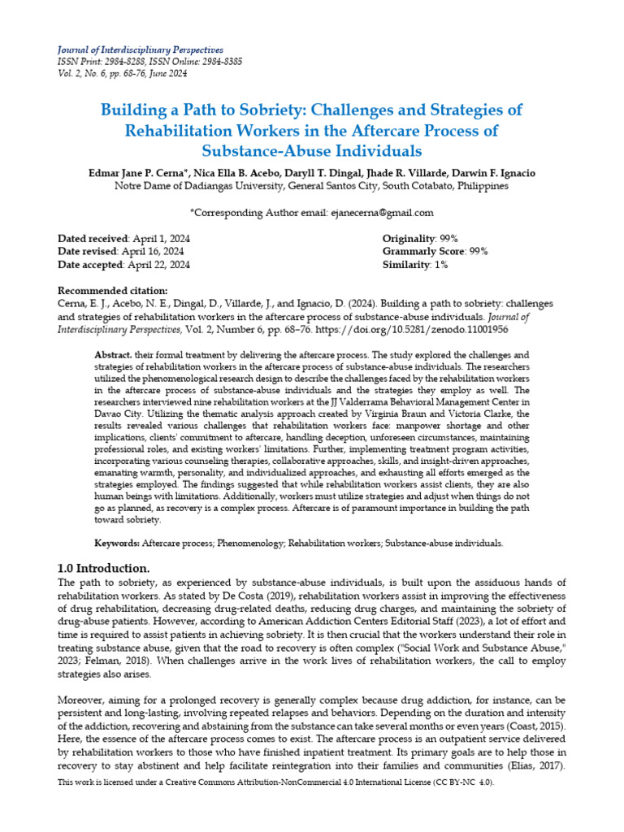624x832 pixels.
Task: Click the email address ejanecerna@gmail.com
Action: coord(381,212)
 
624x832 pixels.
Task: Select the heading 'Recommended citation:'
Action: coord(113,291)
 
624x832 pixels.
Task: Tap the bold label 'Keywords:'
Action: coord(117,542)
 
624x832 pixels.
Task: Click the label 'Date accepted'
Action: coord(89,264)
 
